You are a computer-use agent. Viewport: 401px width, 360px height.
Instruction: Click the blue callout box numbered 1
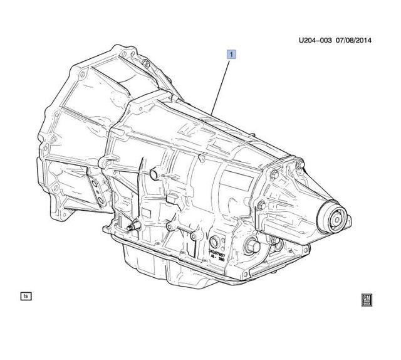[x=231, y=55]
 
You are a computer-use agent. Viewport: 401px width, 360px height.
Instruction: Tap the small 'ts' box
[x=26, y=295]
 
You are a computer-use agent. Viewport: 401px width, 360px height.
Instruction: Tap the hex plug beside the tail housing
[x=253, y=247]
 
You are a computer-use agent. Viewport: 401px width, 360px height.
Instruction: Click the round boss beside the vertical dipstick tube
[x=152, y=172]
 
